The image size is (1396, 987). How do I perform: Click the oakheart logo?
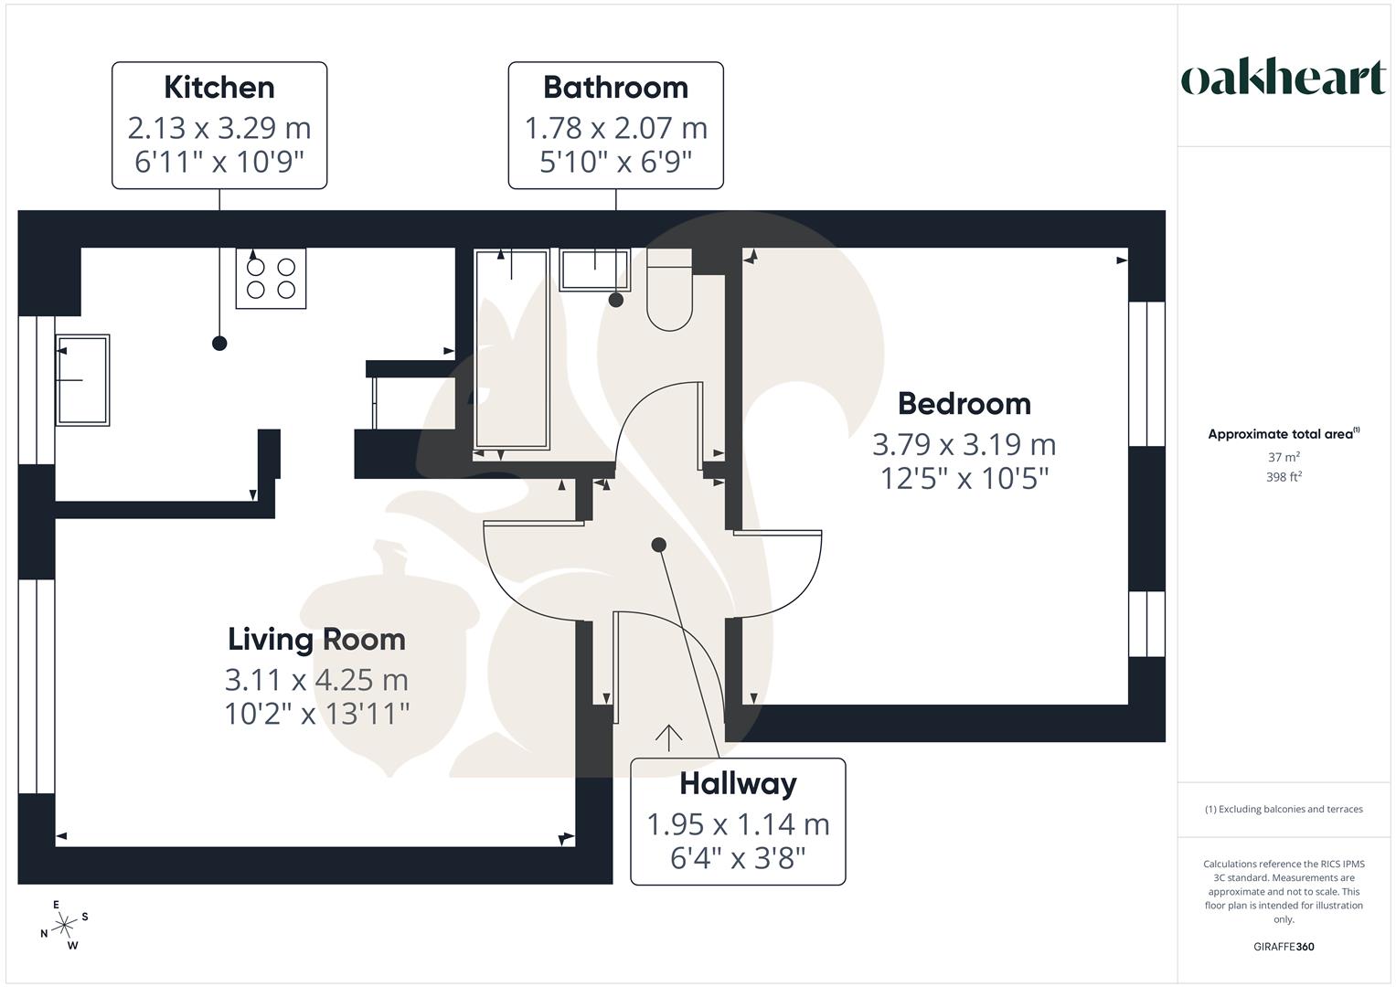(1283, 79)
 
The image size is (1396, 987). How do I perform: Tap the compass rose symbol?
(64, 926)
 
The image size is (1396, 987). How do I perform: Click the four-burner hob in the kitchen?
(271, 278)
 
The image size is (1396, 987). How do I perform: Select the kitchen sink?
(82, 379)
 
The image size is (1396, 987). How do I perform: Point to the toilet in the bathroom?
(669, 291)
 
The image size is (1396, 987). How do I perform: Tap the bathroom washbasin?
(594, 270)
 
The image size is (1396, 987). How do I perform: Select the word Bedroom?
(964, 403)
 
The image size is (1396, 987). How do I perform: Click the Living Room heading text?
(316, 639)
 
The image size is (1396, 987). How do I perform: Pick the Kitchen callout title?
(219, 87)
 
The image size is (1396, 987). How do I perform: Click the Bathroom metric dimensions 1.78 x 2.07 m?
(615, 128)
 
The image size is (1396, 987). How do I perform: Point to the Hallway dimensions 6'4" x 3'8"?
(738, 858)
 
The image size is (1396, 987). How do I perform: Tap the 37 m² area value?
(1284, 457)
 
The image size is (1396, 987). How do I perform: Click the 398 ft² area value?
(1284, 477)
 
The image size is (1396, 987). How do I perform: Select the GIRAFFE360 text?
(1284, 947)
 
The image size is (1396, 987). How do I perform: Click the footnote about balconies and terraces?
(1284, 809)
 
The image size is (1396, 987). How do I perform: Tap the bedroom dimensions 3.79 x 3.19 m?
(964, 444)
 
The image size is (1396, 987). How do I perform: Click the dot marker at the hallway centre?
(658, 545)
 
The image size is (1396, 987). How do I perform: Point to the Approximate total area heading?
(1283, 434)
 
